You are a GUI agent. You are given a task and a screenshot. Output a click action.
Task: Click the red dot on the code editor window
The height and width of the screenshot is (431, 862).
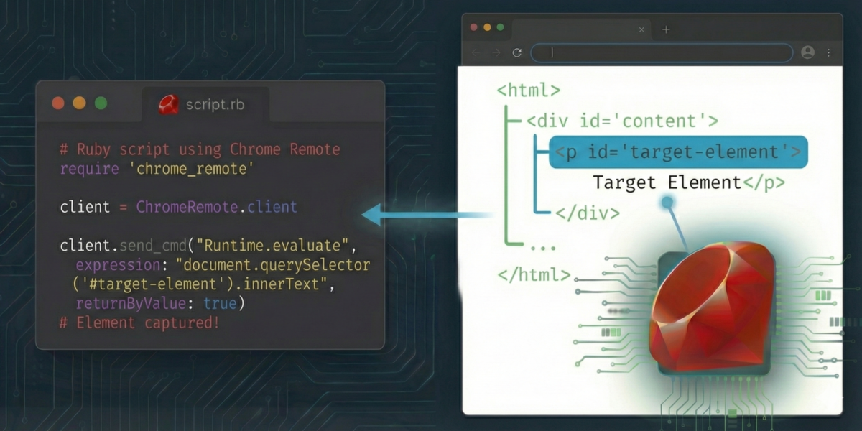tap(58, 103)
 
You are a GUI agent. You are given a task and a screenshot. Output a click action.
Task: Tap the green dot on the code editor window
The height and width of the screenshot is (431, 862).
tap(101, 103)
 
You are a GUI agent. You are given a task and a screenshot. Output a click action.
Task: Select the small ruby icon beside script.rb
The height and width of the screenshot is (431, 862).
tap(169, 105)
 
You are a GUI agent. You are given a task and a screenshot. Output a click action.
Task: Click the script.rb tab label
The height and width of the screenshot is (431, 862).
tap(215, 105)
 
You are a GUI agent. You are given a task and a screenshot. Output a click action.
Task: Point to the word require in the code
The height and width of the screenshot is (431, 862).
tap(89, 169)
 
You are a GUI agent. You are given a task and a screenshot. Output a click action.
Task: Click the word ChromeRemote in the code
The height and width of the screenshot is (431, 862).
tap(187, 207)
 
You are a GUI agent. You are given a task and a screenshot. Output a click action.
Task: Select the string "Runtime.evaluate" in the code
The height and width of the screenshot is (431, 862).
tap(272, 246)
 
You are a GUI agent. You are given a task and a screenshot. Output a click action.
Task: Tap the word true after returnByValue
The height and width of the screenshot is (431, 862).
tap(220, 304)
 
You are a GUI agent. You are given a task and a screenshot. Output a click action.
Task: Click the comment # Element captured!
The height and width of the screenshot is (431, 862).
tap(139, 323)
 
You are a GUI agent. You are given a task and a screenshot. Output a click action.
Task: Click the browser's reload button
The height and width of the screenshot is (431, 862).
tap(516, 52)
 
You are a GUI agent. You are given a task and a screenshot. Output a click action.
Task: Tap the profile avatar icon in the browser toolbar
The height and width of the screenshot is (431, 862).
tap(807, 52)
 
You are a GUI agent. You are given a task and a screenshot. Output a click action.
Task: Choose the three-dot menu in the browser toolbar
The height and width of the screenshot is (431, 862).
tap(828, 52)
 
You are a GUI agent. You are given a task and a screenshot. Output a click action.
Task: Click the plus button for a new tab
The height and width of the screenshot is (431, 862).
tap(666, 29)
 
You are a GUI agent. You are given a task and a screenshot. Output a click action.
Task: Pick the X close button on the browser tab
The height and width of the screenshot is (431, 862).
tap(641, 29)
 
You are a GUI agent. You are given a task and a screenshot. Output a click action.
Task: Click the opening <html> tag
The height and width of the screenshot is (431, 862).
tap(529, 91)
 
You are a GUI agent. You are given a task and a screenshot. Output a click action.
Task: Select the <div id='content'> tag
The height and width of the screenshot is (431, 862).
tap(622, 121)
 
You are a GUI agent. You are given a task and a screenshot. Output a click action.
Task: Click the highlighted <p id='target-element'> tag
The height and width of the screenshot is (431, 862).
tap(678, 152)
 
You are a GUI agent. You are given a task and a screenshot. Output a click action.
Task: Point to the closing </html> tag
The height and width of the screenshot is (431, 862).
tap(534, 274)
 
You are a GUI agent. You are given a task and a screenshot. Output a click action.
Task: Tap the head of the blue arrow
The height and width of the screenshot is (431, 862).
tap(363, 214)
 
